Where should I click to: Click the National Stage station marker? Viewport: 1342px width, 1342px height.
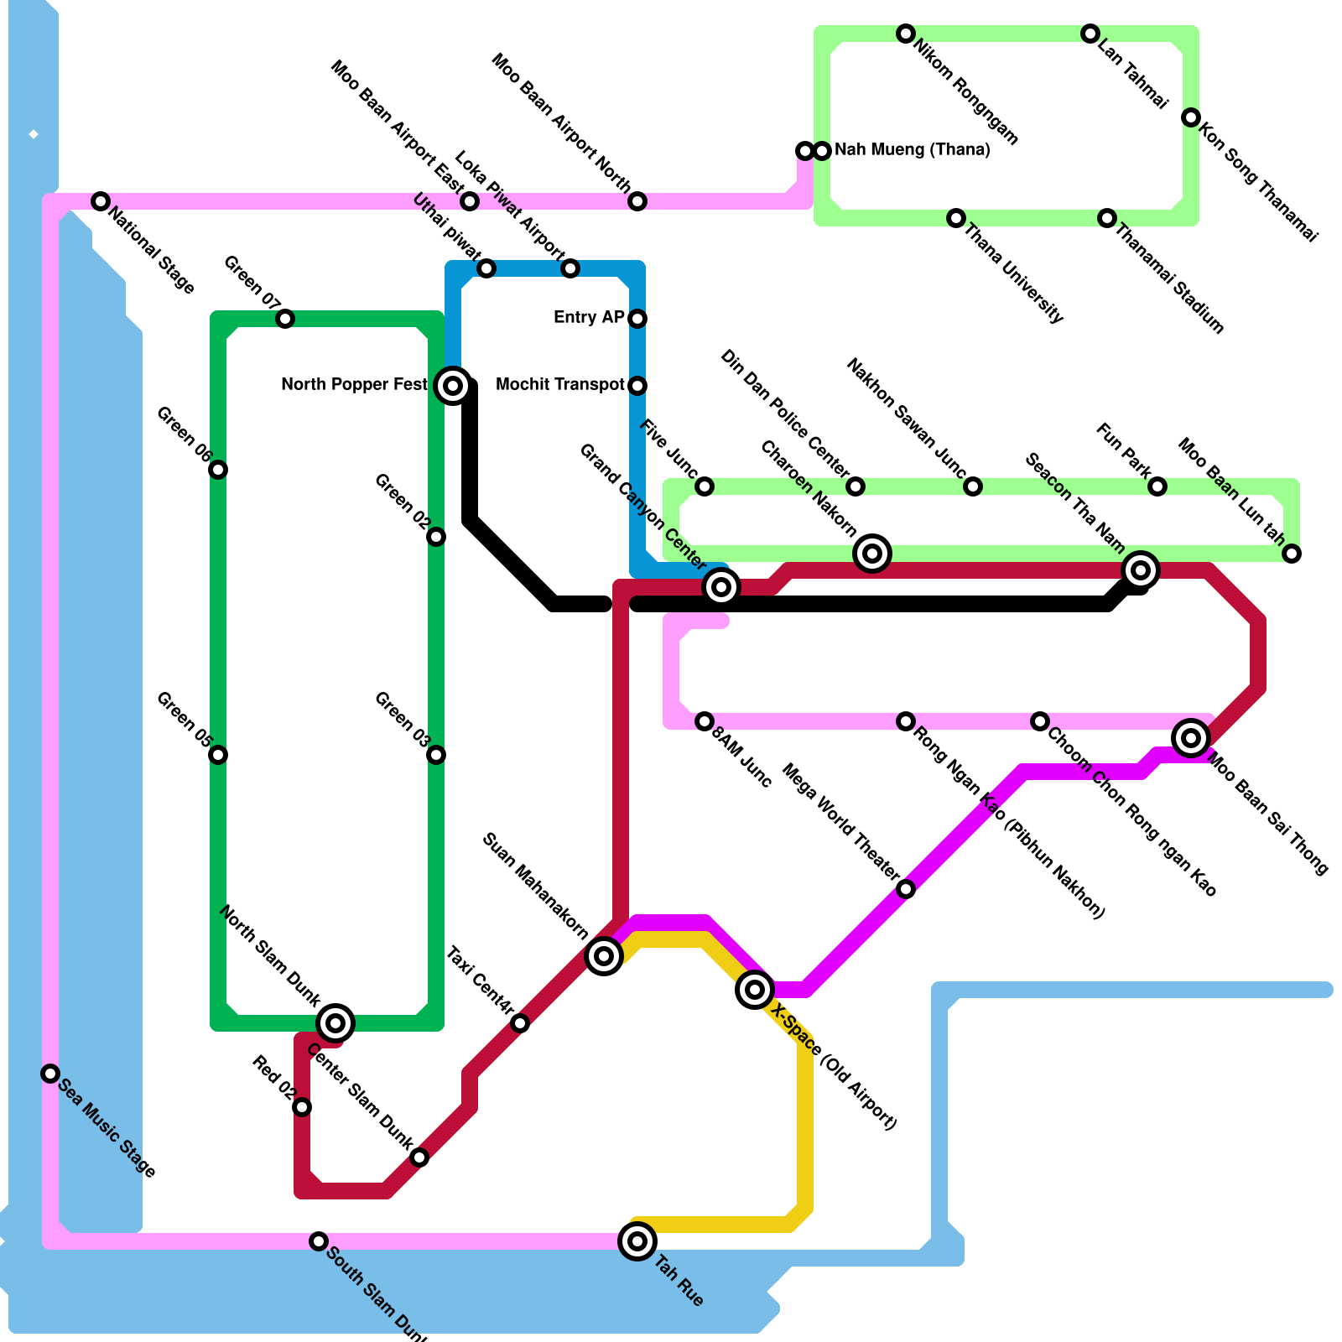coord(101,201)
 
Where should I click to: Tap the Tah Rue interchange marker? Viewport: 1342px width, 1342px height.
coord(637,1241)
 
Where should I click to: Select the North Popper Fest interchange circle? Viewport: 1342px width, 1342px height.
coord(453,386)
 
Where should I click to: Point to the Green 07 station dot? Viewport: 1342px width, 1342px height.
coord(285,319)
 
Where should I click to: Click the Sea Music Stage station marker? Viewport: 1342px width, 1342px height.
coord(50,1074)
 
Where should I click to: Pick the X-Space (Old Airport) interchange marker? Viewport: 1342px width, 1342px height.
coord(755,990)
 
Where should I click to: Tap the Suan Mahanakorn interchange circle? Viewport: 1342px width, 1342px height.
coord(604,955)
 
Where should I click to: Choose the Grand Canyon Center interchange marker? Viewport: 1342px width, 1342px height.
coord(721,587)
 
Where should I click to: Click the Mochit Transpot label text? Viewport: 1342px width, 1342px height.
coord(560,385)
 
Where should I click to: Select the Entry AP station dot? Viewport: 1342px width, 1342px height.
coord(637,319)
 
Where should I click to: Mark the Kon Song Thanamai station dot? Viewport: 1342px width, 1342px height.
coord(1191,117)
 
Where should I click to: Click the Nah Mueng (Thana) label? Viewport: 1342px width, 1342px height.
coord(913,150)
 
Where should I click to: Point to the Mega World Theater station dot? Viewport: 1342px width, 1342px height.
coord(906,889)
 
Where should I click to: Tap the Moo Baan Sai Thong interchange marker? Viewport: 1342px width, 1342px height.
coord(1191,738)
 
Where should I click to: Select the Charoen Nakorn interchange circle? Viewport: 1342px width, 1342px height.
coord(872,554)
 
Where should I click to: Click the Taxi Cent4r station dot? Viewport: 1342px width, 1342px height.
coord(520,1023)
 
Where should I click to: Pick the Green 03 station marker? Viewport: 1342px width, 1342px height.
coord(436,755)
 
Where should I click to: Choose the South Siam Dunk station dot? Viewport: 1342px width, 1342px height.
coord(319,1241)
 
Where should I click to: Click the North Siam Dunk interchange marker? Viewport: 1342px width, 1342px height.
coord(335,1022)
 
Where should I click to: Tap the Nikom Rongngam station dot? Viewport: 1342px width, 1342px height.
coord(906,34)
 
